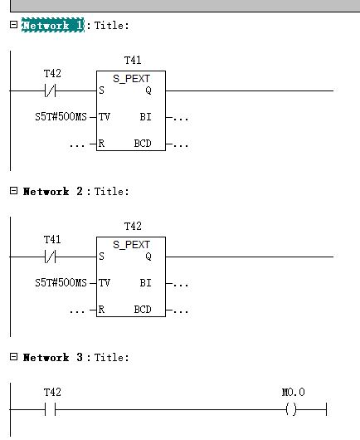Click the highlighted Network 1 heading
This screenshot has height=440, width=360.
pos(53,25)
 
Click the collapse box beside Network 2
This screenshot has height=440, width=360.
pos(13,191)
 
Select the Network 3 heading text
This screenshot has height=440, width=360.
pos(53,357)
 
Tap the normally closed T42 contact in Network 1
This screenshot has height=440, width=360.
pos(51,90)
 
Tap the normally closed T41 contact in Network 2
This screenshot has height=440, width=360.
pos(51,257)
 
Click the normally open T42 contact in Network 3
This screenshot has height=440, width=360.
pos(51,409)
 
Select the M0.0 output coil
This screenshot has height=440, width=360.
pos(291,409)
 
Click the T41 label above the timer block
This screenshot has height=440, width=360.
pos(133,60)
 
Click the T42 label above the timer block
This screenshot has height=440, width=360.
pos(133,226)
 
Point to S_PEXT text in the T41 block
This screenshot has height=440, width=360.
pos(131,79)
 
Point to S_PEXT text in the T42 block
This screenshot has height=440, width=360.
pos(131,245)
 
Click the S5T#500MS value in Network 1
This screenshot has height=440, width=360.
pos(61,117)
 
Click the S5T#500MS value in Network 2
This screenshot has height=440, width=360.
pos(61,283)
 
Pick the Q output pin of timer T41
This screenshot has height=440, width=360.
pos(148,90)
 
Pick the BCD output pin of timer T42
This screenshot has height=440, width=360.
pos(143,310)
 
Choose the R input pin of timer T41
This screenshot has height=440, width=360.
pos(101,144)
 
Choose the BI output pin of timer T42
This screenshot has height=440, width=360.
pos(145,283)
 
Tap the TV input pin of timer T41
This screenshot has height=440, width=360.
pos(105,117)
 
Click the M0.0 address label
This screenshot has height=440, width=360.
pos(294,392)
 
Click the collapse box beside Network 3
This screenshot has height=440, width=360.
pos(13,357)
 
